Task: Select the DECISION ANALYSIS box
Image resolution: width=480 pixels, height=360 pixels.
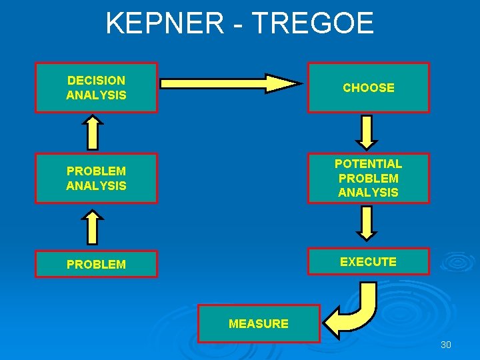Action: (96, 87)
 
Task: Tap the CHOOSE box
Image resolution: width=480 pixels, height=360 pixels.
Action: (368, 87)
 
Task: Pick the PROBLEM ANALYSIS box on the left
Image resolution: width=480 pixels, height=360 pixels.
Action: (96, 178)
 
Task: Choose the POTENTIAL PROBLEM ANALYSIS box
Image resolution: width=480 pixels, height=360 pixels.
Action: (368, 178)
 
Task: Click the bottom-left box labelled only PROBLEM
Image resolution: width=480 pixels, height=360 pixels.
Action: (96, 264)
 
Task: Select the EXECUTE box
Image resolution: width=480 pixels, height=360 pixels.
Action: (368, 261)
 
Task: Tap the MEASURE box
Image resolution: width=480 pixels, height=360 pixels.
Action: (259, 323)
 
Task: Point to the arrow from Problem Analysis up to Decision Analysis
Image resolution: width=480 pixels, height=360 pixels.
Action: (93, 132)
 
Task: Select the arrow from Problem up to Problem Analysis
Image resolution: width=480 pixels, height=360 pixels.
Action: (93, 227)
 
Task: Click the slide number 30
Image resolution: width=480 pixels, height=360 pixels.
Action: (446, 345)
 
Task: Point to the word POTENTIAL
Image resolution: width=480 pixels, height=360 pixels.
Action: (368, 164)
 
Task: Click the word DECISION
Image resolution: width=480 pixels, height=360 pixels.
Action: (96, 81)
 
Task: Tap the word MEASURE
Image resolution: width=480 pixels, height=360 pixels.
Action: (259, 324)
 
